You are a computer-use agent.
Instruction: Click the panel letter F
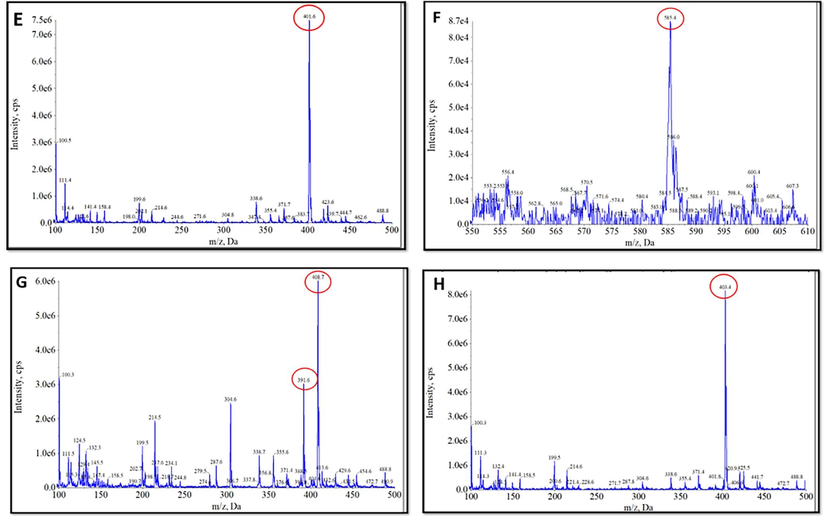tap(437, 18)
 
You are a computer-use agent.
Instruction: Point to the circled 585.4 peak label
tap(670, 18)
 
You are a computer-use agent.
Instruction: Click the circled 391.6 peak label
tap(304, 380)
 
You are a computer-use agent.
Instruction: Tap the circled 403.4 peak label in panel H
tap(724, 287)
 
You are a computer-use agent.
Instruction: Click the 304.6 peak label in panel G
tap(231, 399)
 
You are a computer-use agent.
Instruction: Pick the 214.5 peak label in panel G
tap(155, 417)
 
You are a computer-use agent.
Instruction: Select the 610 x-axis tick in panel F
tap(807, 232)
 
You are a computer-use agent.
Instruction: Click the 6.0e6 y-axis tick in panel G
tap(44, 281)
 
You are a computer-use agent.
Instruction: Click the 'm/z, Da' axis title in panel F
tap(639, 242)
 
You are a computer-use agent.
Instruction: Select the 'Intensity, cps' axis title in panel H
tap(430, 393)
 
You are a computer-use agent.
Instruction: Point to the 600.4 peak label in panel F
tap(754, 172)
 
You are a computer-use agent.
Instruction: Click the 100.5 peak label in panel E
tap(65, 141)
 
